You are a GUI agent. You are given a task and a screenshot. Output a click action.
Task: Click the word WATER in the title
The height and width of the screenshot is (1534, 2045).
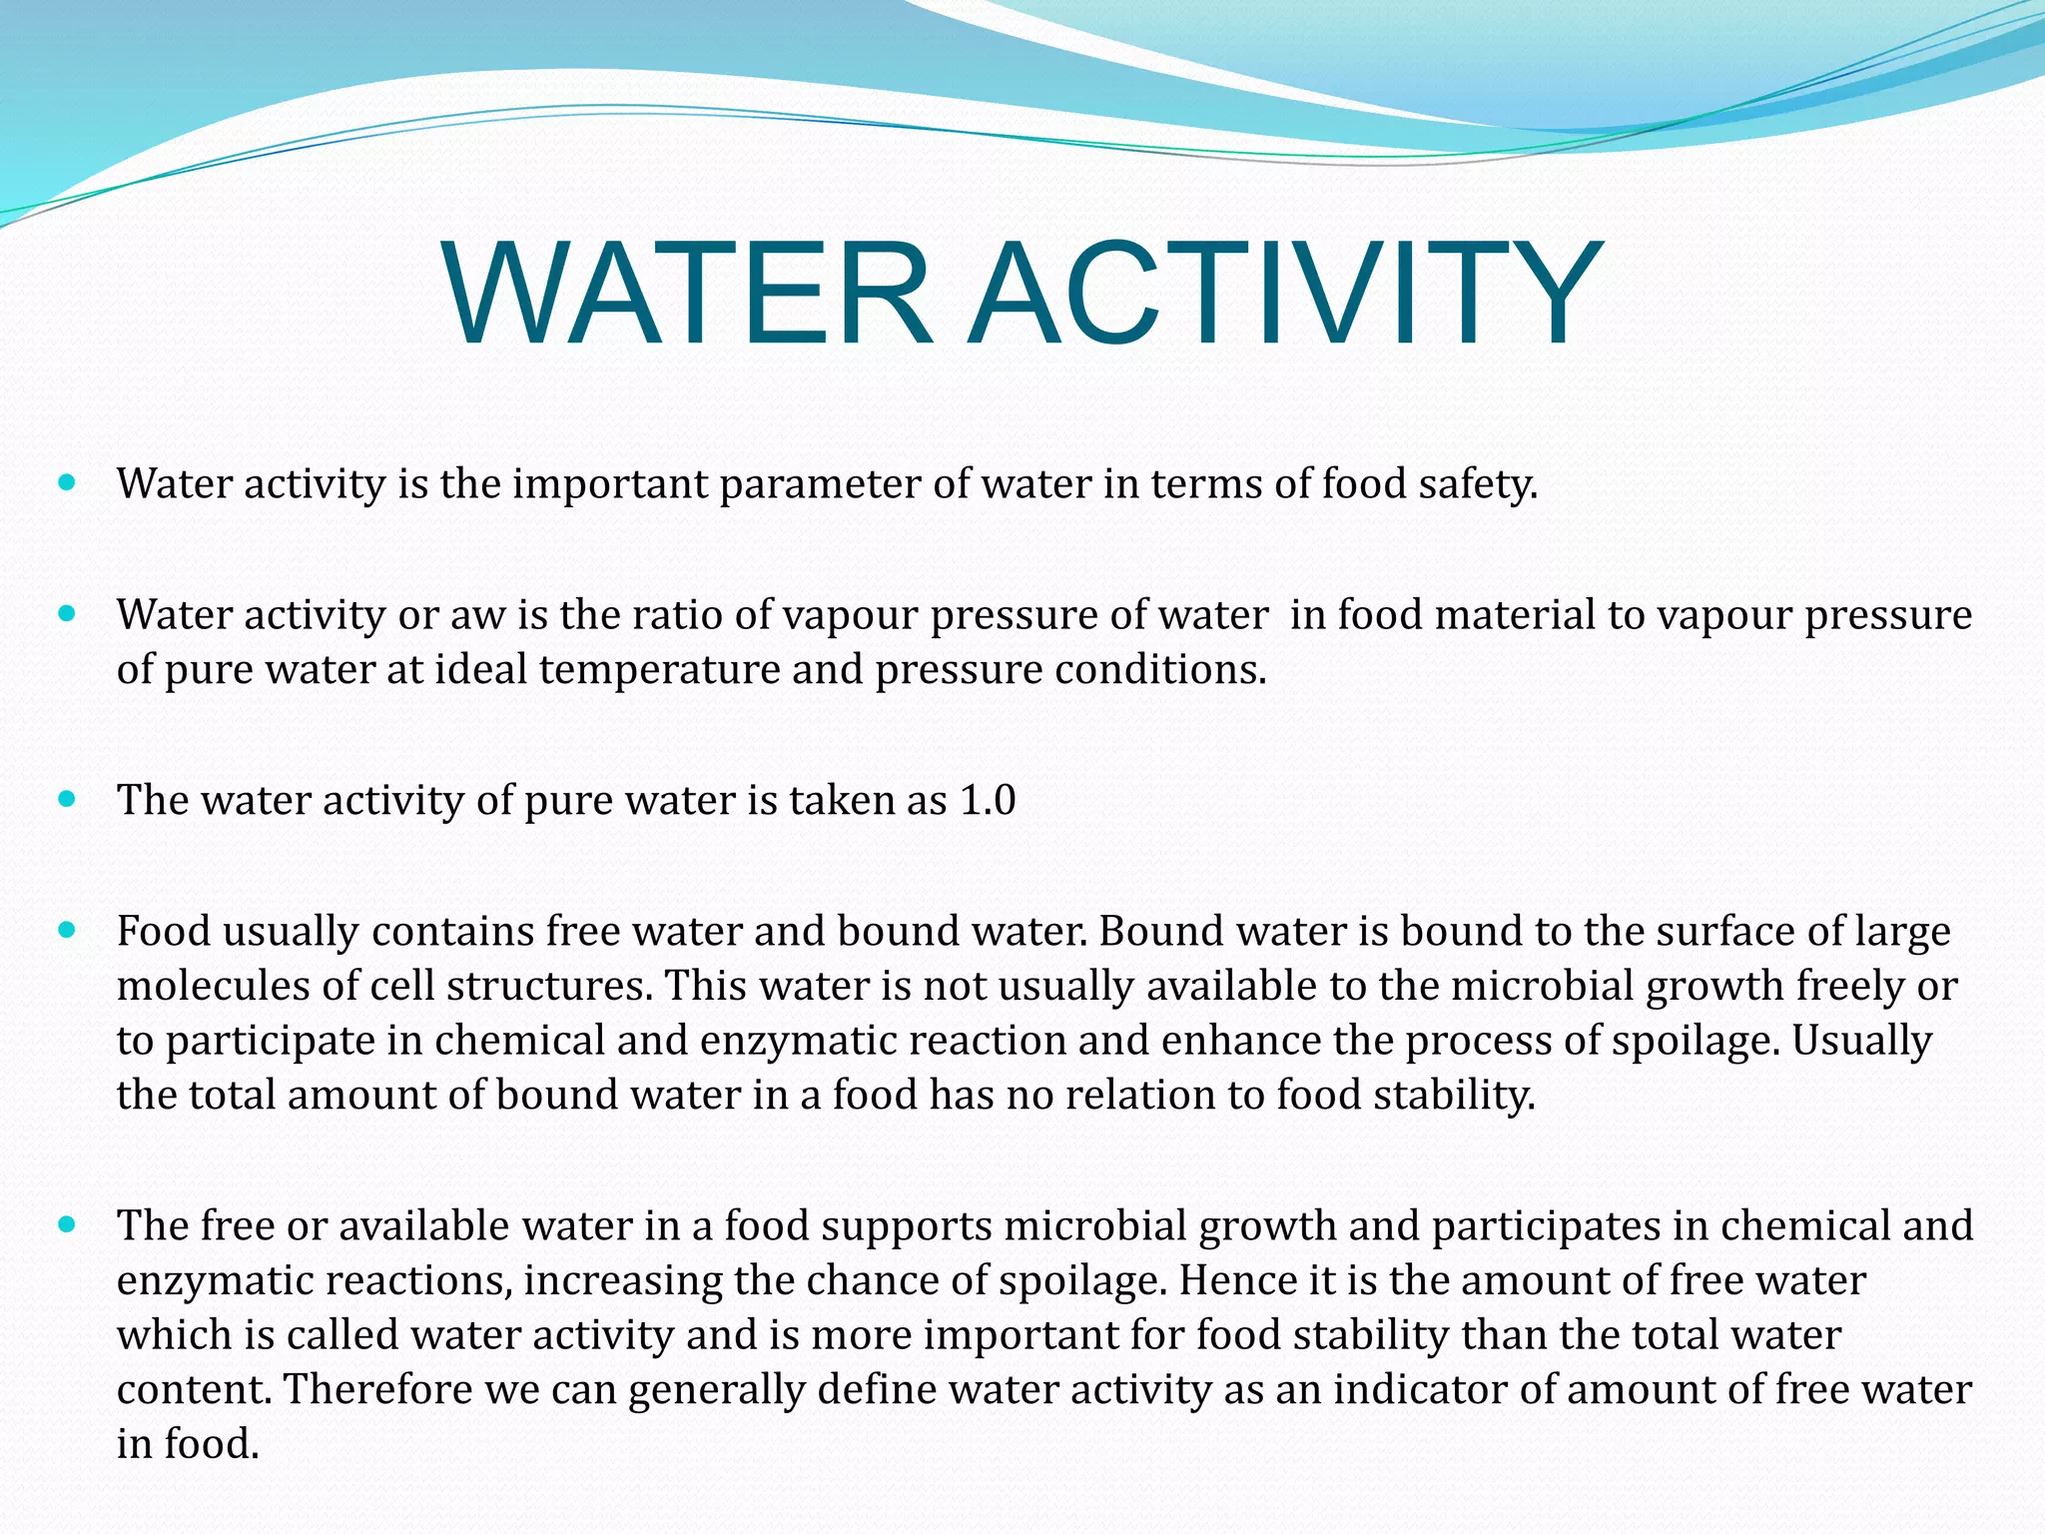[688, 292]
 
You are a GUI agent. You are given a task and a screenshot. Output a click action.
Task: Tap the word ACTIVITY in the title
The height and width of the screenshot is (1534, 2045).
[1286, 292]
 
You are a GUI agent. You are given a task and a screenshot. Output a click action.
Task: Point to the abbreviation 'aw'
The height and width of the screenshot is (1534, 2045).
[478, 615]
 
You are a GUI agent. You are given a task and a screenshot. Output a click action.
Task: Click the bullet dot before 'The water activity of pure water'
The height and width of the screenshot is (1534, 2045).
[68, 799]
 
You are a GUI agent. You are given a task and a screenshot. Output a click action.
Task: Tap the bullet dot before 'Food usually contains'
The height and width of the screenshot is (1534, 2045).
[68, 930]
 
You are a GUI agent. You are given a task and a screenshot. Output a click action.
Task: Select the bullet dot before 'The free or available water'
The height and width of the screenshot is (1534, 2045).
[68, 1224]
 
